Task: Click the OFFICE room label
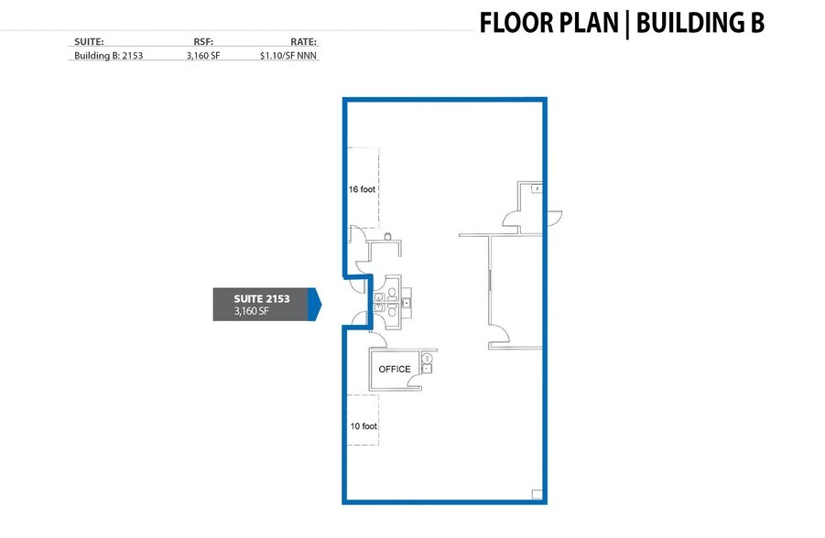pos(395,370)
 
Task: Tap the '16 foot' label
pos(363,190)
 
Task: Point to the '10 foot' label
pos(363,426)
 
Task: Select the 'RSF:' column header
pos(203,41)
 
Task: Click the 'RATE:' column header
pos(302,41)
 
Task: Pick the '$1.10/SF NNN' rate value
pos(288,55)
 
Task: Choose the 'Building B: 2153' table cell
pos(108,55)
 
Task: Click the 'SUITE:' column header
pos(88,41)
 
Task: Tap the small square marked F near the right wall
pos(537,188)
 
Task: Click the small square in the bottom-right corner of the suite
pos(537,494)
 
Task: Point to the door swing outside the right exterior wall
pos(555,220)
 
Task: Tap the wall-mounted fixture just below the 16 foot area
pos(388,236)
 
